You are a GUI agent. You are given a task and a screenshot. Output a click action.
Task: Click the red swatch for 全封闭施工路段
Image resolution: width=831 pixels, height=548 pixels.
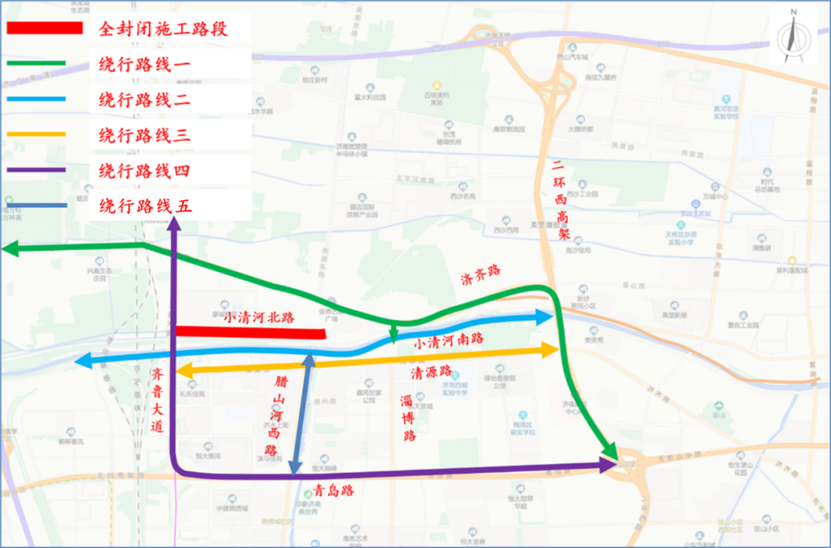click(x=44, y=28)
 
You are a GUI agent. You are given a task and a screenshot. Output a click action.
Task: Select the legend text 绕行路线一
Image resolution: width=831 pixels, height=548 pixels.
click(x=145, y=65)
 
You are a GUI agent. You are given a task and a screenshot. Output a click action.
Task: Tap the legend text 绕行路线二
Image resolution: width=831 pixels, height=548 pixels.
click(x=145, y=100)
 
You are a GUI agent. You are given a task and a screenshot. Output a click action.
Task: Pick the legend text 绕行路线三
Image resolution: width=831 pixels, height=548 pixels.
click(x=145, y=136)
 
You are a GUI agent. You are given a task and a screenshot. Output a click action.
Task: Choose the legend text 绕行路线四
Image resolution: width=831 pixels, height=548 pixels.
click(x=145, y=171)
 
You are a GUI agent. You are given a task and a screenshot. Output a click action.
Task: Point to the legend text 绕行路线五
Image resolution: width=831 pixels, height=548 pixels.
click(x=145, y=206)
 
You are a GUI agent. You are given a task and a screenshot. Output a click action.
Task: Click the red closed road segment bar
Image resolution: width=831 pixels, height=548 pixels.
click(x=250, y=332)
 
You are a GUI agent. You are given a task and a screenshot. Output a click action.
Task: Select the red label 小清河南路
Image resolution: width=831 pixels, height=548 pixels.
click(x=448, y=339)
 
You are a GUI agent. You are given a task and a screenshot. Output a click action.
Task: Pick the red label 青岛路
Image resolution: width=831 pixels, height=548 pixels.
click(x=334, y=490)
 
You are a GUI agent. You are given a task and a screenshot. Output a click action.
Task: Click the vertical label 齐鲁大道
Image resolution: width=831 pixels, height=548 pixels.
click(x=158, y=400)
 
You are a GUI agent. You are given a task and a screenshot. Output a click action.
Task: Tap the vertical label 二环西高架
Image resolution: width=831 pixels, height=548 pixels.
click(x=561, y=200)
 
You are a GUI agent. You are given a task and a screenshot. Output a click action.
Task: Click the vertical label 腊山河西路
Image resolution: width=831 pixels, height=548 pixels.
click(x=271, y=416)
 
